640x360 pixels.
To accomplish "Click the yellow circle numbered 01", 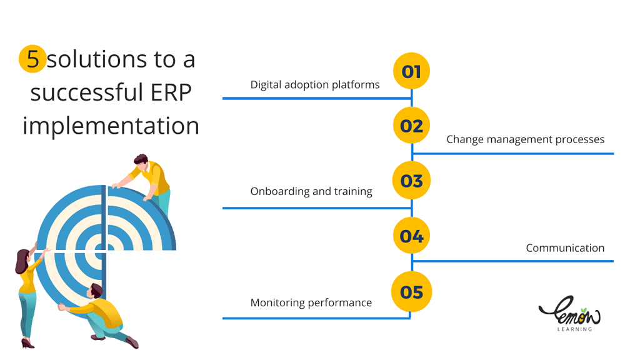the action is [411, 71].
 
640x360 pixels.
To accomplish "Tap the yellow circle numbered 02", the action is [411, 125].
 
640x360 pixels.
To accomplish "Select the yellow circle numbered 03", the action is [411, 181].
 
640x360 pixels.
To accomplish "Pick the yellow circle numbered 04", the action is [411, 236].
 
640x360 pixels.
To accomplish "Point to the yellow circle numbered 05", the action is [411, 292].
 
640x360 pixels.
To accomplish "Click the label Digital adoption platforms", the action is [315, 85].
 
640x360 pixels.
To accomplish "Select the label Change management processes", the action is [525, 139].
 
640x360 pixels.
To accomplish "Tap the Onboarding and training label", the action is [311, 191].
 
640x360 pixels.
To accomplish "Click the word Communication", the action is [565, 247].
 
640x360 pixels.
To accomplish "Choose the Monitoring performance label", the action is [311, 303].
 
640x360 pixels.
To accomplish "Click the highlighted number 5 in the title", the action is [32, 59].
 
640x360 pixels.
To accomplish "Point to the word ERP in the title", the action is [171, 92].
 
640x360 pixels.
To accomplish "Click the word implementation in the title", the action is [111, 126].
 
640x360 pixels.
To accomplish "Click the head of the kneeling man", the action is [96, 291].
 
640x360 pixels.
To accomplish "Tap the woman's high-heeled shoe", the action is [27, 344].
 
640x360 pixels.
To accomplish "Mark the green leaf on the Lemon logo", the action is [584, 310].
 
